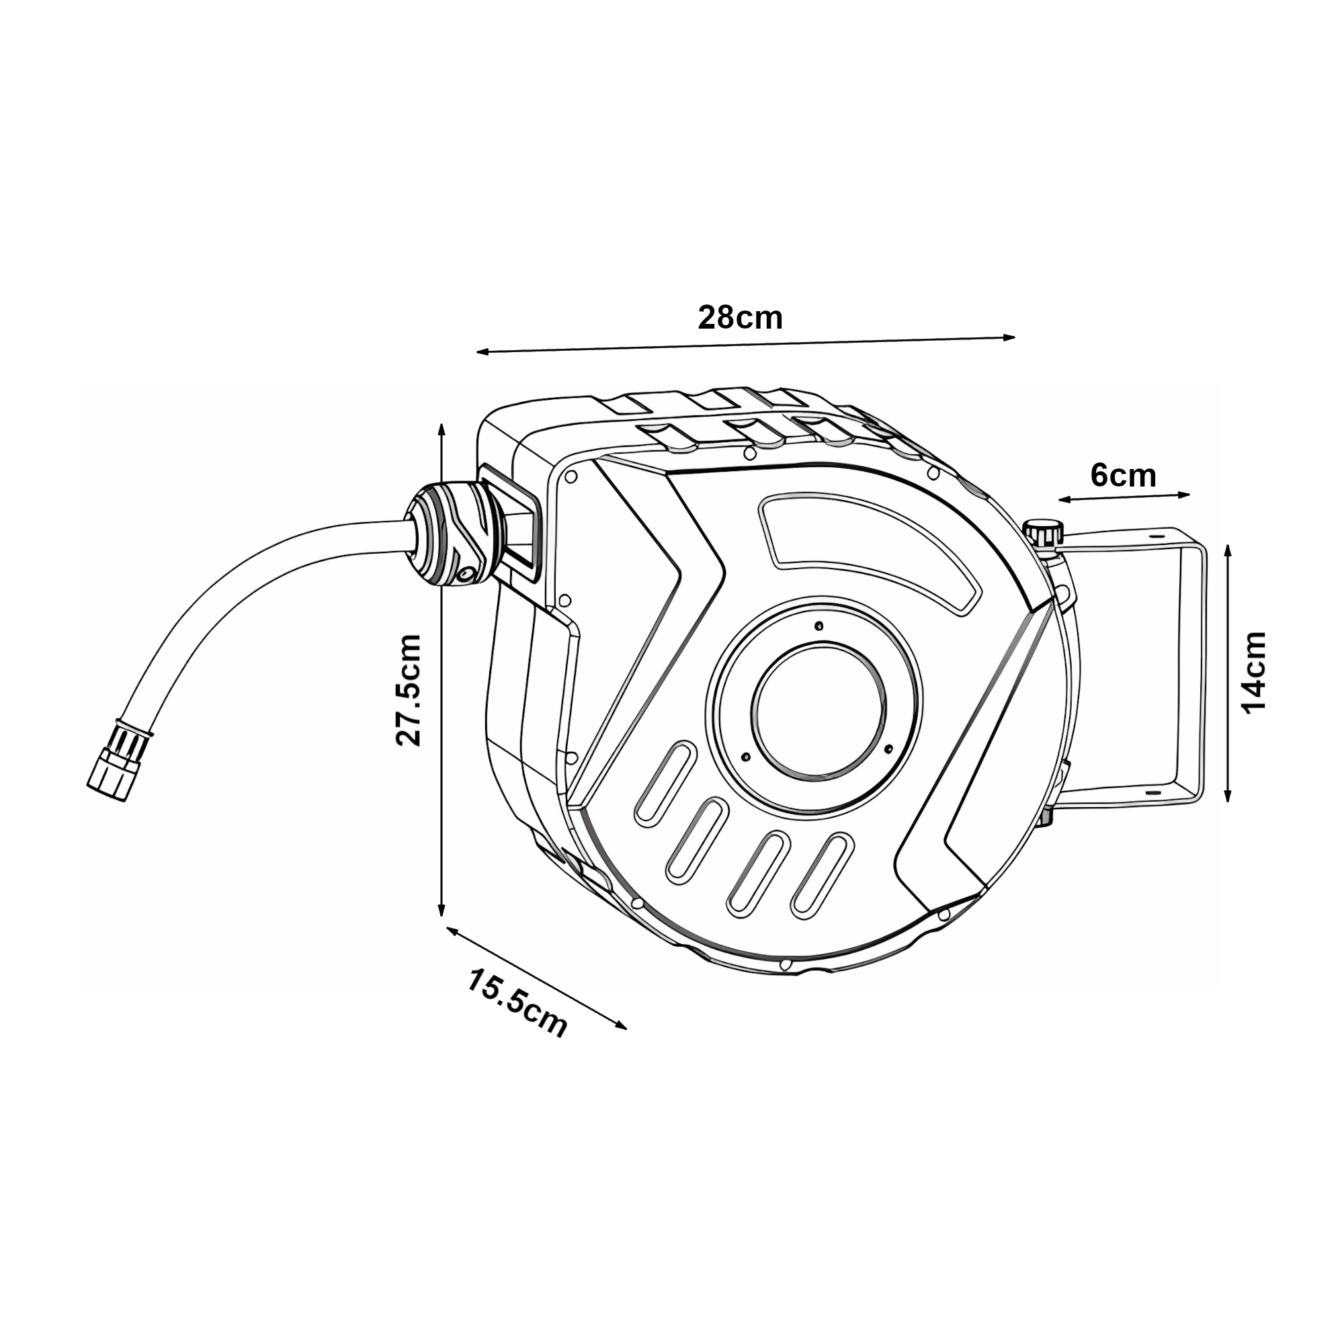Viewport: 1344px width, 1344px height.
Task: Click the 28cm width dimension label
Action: coord(740,318)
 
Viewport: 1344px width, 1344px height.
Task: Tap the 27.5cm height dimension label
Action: coord(409,690)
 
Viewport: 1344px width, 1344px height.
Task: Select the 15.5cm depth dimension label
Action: coord(516,1003)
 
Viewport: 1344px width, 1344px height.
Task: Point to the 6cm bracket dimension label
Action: coord(1123,475)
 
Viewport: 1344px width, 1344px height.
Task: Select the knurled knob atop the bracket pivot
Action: coord(1044,533)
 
